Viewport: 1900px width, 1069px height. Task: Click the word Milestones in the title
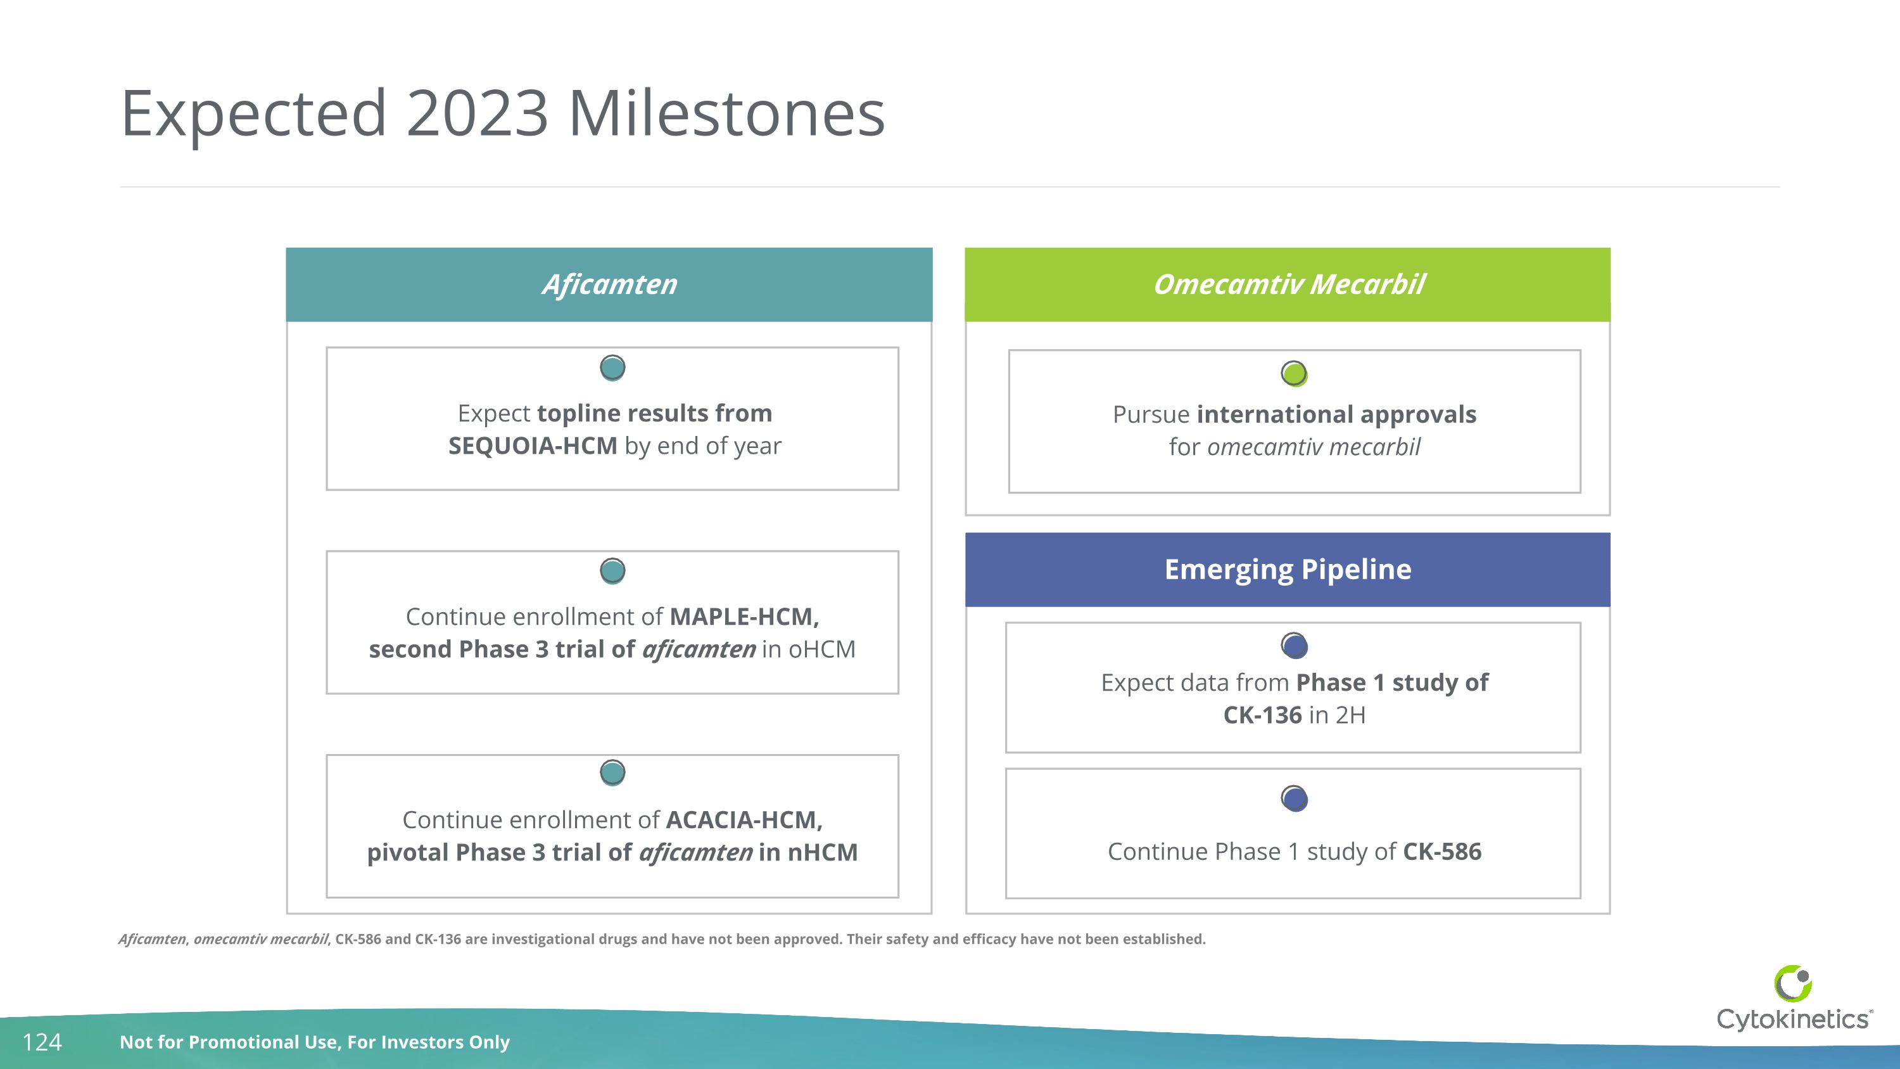726,113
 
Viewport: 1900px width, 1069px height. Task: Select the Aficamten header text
609,285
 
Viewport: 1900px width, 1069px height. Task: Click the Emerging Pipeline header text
1287,570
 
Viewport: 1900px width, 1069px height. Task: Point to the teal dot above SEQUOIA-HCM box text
612,368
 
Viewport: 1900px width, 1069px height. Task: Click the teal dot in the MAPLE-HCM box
612,570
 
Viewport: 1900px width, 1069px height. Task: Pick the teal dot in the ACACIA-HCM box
612,772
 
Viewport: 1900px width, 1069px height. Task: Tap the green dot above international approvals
1294,373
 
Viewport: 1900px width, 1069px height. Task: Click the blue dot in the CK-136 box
1295,646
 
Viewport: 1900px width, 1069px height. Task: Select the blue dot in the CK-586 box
1295,798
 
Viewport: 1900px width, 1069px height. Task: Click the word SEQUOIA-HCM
533,446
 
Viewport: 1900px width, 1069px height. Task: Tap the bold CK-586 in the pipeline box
1441,852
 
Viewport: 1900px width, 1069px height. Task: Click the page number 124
42,1042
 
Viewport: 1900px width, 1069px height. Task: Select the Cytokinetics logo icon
1792,983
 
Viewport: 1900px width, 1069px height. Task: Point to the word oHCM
821,650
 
